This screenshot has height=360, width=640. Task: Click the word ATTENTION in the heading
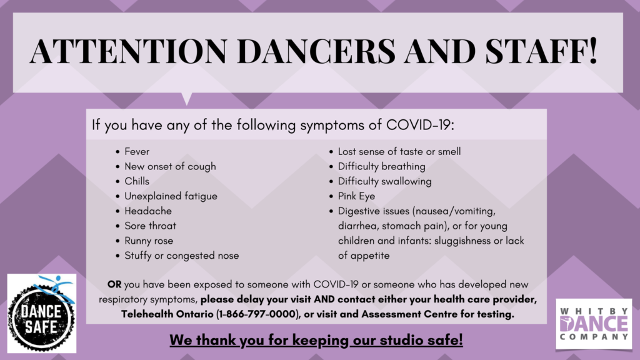pos(128,51)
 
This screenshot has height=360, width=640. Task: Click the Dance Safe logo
pos(42,313)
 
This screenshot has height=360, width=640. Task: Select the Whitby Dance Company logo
pos(594,324)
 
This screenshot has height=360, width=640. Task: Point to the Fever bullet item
pos(137,151)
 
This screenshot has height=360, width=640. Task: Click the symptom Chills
pos(137,181)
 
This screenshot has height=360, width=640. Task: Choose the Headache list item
pos(148,211)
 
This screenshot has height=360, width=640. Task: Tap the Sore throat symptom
pos(150,226)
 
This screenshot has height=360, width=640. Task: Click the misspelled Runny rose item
pos(149,241)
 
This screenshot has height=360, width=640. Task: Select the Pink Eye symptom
pos(356,196)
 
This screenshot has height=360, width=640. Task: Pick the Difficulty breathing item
pos(382,166)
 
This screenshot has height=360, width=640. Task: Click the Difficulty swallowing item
pos(384,181)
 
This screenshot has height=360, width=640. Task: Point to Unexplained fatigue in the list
pos(171,196)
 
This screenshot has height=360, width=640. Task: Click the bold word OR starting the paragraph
pos(114,284)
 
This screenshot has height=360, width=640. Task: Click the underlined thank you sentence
pos(316,340)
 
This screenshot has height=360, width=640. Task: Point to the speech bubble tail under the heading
pos(186,98)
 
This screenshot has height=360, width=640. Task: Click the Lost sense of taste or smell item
pos(399,151)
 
